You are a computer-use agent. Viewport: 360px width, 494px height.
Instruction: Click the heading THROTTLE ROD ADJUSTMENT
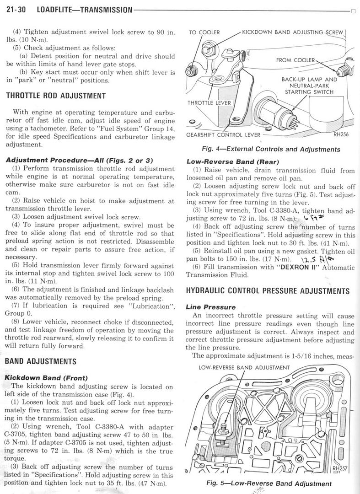[56, 96]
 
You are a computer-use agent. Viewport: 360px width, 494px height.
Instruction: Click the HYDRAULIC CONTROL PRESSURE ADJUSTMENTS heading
[268, 291]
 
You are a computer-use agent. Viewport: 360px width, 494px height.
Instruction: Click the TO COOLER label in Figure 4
[204, 32]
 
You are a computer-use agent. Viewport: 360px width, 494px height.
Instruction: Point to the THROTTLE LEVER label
[210, 103]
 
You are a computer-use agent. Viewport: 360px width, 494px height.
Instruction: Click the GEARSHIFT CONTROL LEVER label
[223, 135]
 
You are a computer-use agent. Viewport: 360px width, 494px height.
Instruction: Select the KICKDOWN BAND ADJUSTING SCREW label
[292, 32]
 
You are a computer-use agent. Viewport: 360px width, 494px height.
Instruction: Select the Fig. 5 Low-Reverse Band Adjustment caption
[269, 483]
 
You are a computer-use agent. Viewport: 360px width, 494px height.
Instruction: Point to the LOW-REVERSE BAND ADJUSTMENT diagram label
[244, 367]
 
